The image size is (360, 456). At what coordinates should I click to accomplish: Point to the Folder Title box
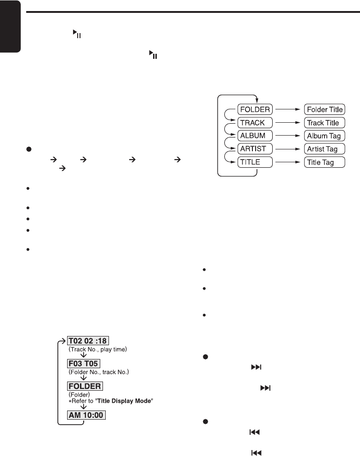(324, 110)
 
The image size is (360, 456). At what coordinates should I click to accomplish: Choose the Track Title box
(324, 123)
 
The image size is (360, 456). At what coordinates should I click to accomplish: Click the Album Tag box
(324, 136)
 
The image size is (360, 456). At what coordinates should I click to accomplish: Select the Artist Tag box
(324, 149)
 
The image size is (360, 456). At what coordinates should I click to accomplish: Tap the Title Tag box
(324, 162)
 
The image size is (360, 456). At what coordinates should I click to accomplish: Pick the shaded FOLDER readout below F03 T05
(85, 385)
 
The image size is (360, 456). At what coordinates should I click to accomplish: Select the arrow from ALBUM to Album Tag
(289, 136)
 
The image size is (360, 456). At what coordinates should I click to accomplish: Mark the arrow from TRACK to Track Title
(289, 123)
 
